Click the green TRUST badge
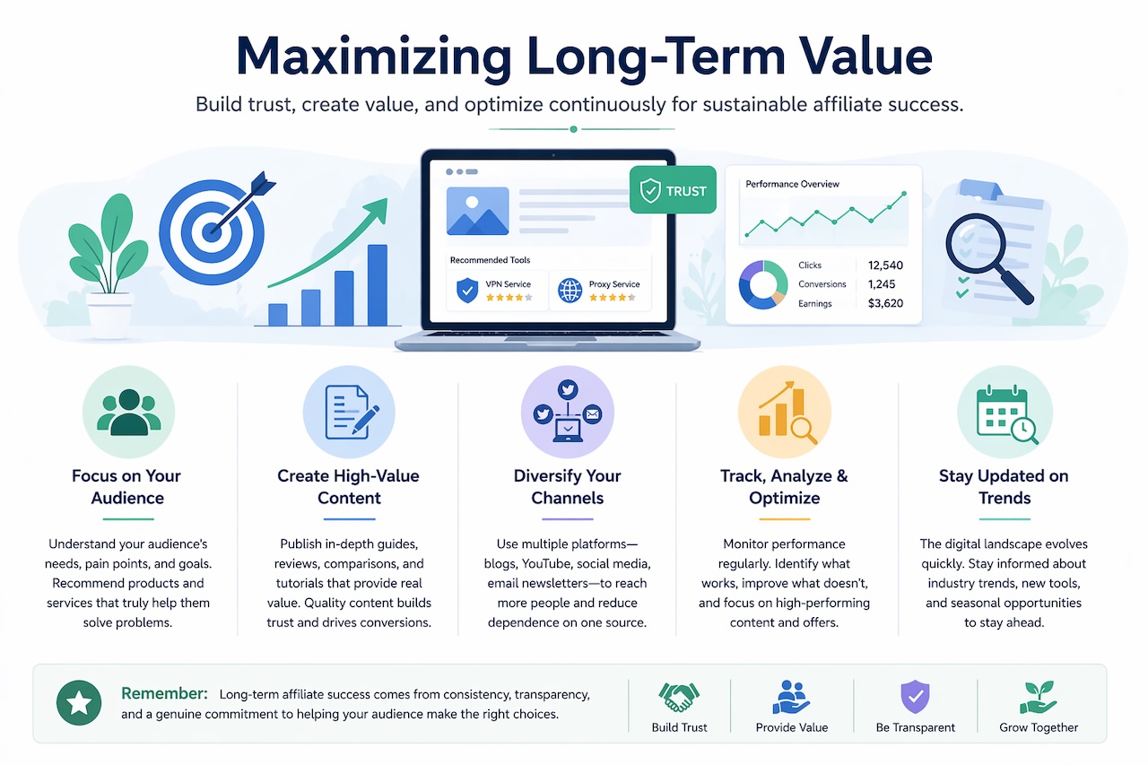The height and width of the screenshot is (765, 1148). click(674, 190)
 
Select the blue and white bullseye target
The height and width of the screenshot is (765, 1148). click(208, 227)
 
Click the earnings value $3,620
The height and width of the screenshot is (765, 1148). click(885, 303)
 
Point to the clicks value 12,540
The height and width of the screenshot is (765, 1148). click(885, 265)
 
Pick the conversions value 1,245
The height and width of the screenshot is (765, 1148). click(885, 284)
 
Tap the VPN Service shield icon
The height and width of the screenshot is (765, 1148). click(467, 290)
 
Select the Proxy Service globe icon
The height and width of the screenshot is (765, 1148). click(570, 290)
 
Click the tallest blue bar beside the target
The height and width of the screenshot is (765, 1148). click(378, 285)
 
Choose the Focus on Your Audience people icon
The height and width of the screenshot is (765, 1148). click(128, 413)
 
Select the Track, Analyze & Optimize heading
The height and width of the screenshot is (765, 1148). click(784, 487)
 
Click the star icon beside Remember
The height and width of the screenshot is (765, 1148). click(79, 703)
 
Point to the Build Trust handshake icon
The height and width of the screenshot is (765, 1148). click(679, 698)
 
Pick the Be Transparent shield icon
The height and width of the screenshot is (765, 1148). click(915, 697)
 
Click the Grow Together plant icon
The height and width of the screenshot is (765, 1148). click(1038, 697)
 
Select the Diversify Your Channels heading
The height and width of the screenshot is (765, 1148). click(567, 487)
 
